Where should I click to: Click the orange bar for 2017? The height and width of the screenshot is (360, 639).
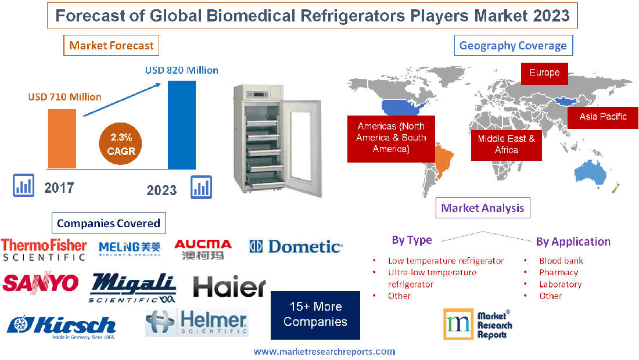click(62, 138)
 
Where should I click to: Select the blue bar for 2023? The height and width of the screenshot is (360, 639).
click(182, 124)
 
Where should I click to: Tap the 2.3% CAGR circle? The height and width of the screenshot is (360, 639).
click(121, 144)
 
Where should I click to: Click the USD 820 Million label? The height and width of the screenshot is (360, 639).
click(181, 70)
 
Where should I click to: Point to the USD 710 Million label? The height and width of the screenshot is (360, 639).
click(64, 97)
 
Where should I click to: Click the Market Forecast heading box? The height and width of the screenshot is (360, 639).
click(111, 45)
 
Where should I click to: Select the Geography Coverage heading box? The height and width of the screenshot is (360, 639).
click(513, 45)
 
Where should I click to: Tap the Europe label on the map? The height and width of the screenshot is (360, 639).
click(544, 73)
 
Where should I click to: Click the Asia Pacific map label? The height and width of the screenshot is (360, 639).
click(603, 117)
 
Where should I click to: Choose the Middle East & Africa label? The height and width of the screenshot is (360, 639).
click(506, 144)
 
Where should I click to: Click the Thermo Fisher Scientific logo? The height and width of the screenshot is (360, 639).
click(44, 249)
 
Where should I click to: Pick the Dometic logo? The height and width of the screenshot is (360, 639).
click(296, 247)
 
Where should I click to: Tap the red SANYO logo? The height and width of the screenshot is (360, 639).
click(41, 283)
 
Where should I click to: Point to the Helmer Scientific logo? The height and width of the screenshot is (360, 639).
click(197, 322)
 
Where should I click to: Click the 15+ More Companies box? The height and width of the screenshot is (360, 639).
click(315, 315)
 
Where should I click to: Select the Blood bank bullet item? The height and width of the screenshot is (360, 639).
click(561, 261)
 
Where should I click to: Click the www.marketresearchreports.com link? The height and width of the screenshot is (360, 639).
click(324, 351)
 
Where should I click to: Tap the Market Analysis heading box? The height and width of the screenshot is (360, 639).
click(483, 208)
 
